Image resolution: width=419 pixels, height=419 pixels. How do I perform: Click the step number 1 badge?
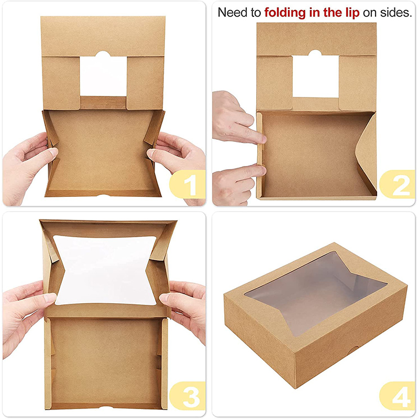pos(188,184)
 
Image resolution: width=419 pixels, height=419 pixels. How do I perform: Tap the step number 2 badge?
pos(398,184)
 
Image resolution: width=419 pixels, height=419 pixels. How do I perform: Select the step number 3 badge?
pos(188,396)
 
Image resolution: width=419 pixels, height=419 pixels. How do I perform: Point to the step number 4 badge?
pos(398,396)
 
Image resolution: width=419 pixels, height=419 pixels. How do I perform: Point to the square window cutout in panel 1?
pos(103,75)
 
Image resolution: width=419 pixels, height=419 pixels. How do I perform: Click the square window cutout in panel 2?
pos(316,75)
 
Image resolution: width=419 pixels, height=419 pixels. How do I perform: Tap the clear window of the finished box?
pos(316,293)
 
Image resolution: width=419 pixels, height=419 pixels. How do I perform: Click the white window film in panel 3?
pos(106,270)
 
